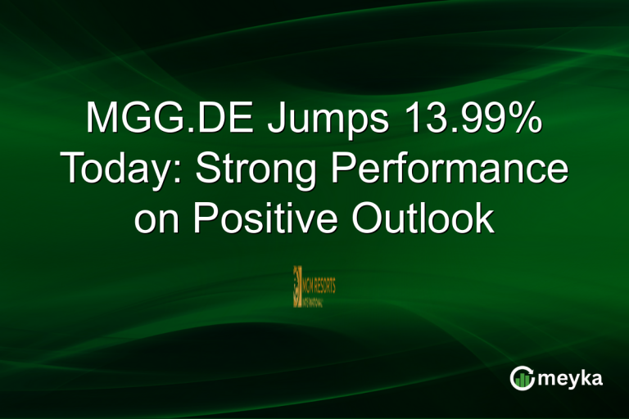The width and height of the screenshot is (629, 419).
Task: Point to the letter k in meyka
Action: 584,377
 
